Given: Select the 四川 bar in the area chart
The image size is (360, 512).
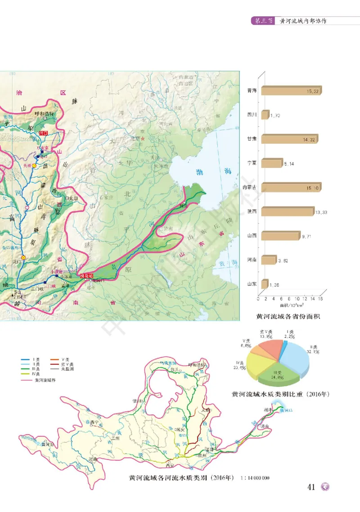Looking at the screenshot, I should coord(265,115).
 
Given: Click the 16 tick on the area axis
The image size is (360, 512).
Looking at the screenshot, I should coord(320,298).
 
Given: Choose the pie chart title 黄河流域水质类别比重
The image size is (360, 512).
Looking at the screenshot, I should coord(281,394).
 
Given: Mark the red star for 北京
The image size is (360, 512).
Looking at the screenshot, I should coord(143,139).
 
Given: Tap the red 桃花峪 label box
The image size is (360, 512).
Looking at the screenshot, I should coord(86,275).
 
